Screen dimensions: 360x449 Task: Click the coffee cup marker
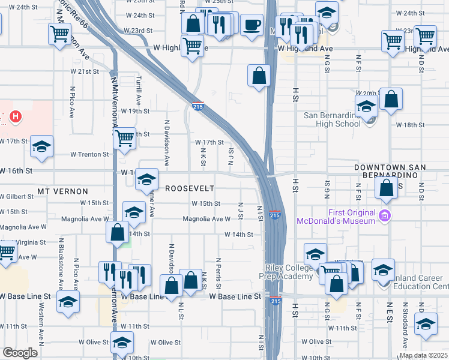pyautogui.click(x=252, y=25)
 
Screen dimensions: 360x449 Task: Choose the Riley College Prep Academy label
pyautogui.click(x=292, y=272)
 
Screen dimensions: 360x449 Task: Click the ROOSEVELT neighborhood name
pyautogui.click(x=190, y=188)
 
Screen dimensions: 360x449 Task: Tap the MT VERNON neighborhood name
pyautogui.click(x=59, y=191)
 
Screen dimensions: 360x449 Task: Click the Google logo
pyautogui.click(x=20, y=353)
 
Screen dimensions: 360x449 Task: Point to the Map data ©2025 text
pyautogui.click(x=423, y=355)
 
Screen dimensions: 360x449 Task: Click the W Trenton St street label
pyautogui.click(x=89, y=154)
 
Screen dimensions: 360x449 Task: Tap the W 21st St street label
pyautogui.click(x=84, y=71)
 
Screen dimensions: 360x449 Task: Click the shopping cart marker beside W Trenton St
pyautogui.click(x=124, y=138)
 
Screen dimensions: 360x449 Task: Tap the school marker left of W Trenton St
pyautogui.click(x=42, y=146)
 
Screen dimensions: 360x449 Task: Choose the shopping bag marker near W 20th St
pyautogui.click(x=391, y=100)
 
